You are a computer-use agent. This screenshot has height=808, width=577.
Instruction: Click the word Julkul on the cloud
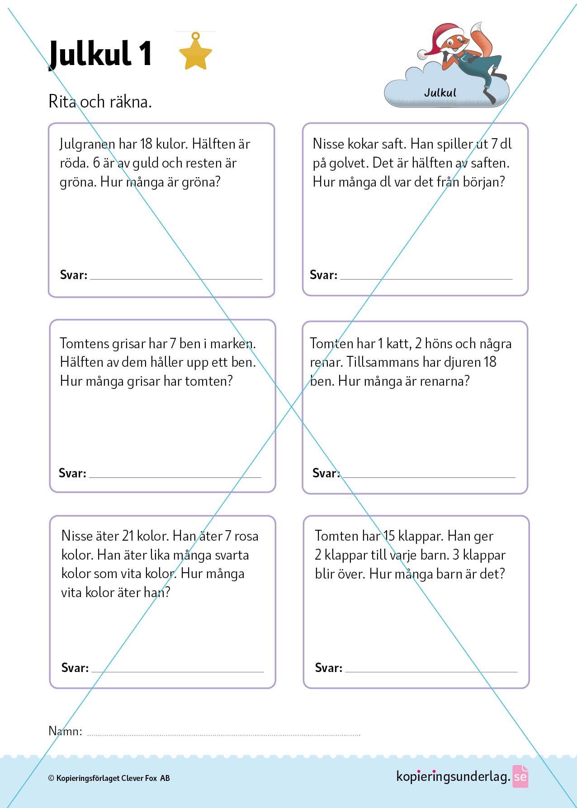[x=440, y=93]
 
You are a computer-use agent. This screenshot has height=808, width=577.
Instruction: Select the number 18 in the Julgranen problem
[x=146, y=144]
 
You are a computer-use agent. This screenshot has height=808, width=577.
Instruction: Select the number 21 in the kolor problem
[x=128, y=536]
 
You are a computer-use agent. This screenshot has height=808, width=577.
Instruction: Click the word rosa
[x=246, y=537]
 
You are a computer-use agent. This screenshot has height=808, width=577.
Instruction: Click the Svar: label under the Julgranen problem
[x=74, y=275]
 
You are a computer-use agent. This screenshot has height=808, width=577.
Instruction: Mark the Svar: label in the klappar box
[x=329, y=668]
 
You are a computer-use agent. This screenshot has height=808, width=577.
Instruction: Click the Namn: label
[x=65, y=731]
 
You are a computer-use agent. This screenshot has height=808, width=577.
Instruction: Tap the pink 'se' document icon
[x=520, y=776]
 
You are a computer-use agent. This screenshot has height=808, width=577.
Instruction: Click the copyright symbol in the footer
[x=51, y=778]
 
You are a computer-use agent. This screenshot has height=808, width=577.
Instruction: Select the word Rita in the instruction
[x=62, y=102]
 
